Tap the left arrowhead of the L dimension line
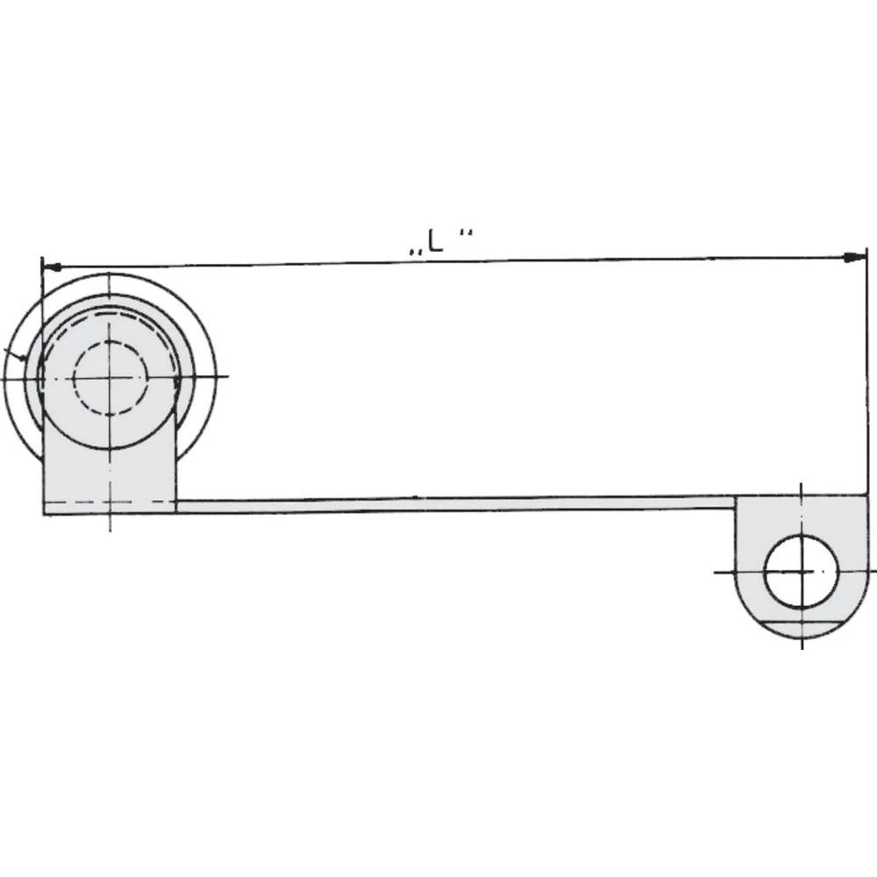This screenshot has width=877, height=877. [x=52, y=265]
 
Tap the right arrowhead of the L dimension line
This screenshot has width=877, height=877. [x=850, y=258]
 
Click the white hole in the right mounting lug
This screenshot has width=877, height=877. [x=801, y=572]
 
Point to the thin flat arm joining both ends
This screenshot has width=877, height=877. [x=456, y=504]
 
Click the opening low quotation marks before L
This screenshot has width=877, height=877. [x=413, y=252]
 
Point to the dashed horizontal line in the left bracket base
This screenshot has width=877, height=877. [x=110, y=501]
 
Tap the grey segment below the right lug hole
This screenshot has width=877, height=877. [x=801, y=627]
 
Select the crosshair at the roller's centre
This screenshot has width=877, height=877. [x=109, y=377]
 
